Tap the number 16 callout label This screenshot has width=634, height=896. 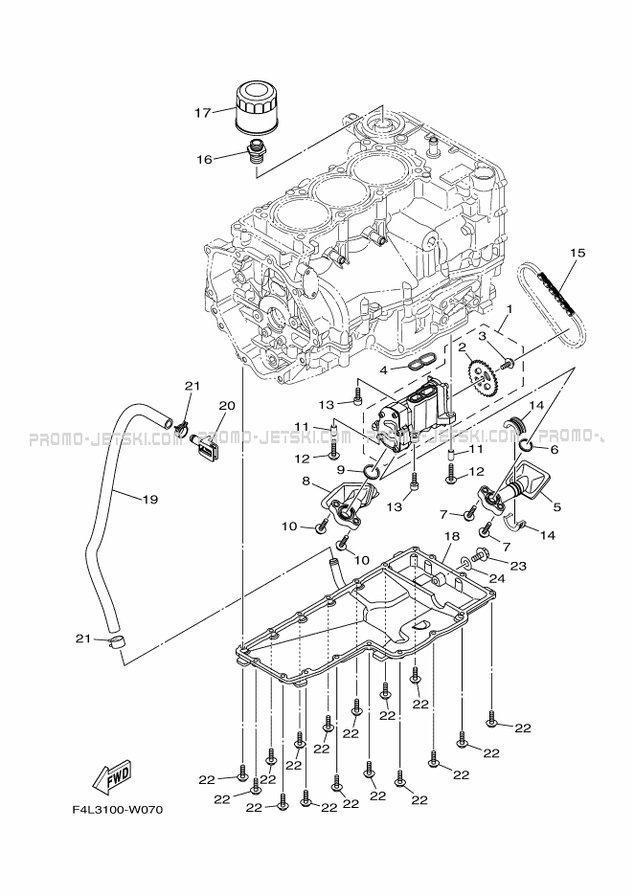point(204,160)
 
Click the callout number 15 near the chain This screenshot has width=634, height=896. point(576,253)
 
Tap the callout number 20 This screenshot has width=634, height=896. point(226,405)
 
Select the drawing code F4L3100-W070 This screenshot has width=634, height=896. point(118,810)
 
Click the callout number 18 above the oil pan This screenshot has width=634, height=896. point(451,539)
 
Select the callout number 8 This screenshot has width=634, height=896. point(306,481)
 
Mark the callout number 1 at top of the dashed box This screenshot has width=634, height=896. point(510,309)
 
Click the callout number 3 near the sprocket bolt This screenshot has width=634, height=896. point(484,337)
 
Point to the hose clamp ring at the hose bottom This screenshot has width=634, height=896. point(118,640)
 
